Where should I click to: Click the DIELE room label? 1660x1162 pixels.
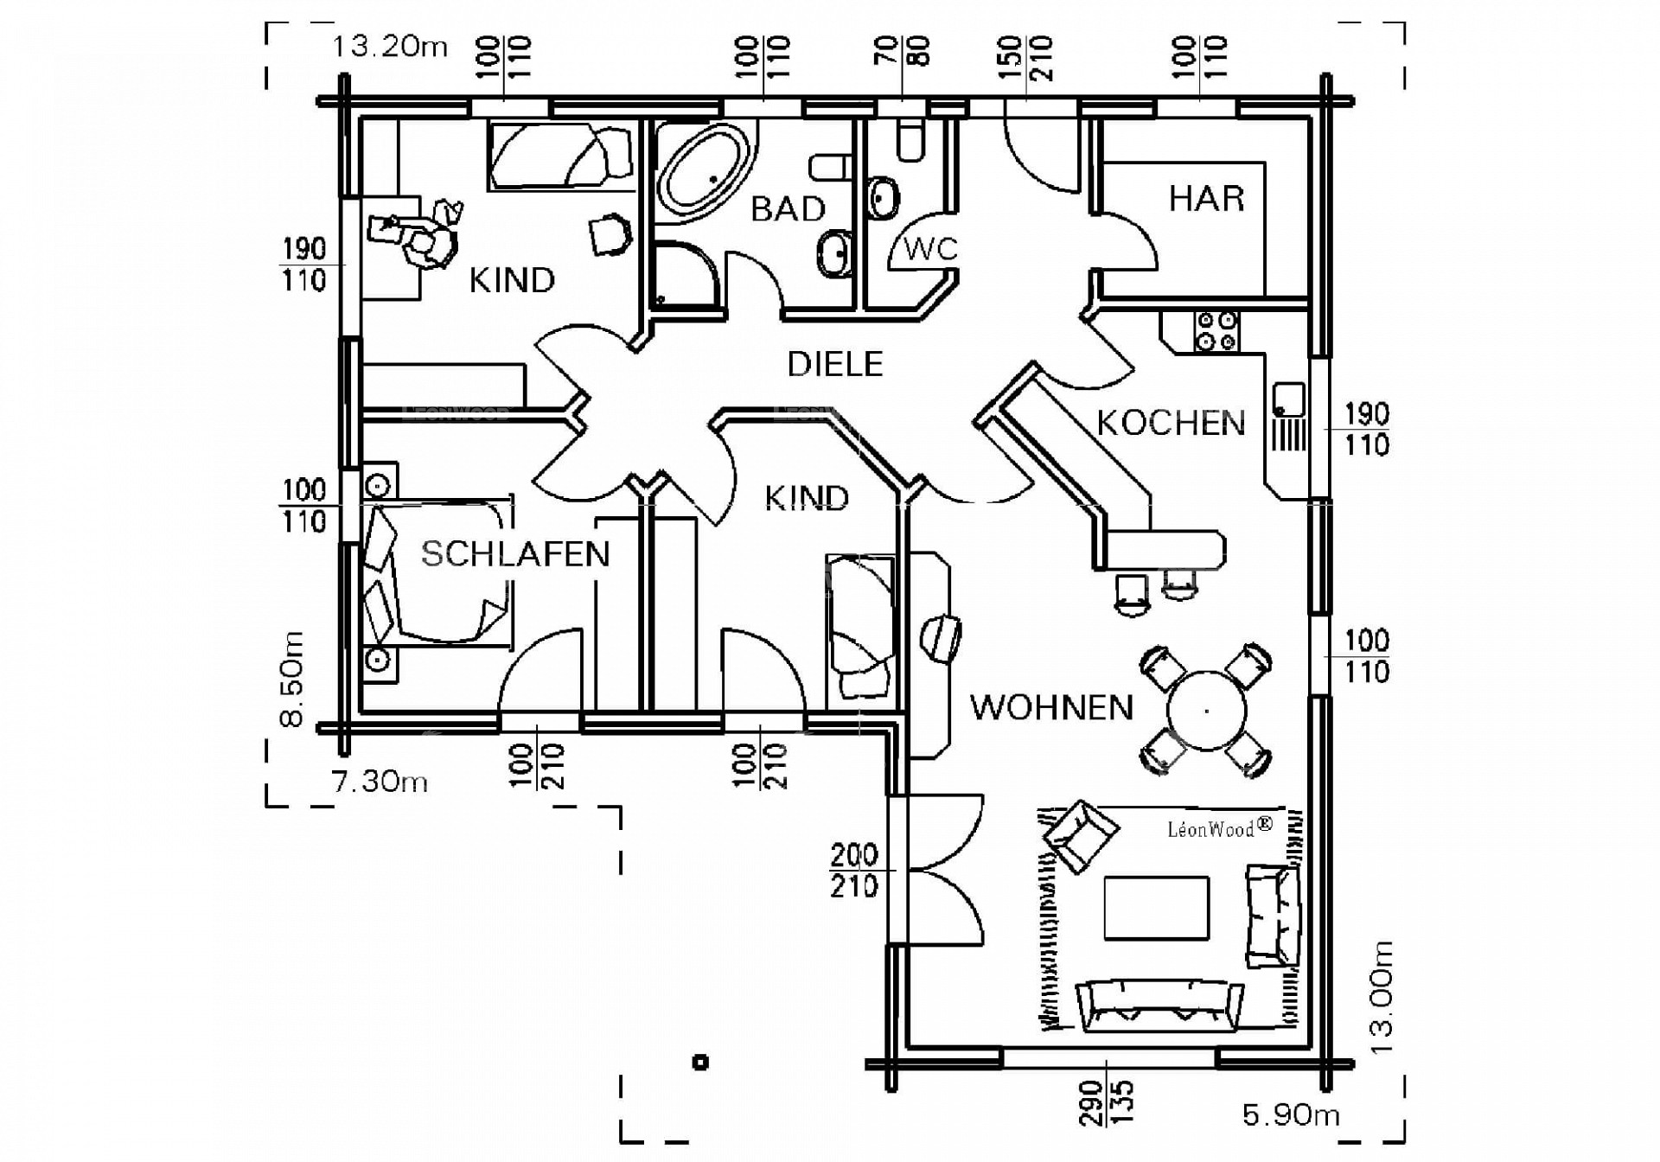click(x=834, y=365)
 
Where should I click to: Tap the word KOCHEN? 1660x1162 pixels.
click(x=1171, y=424)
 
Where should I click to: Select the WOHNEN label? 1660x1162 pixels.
click(x=1051, y=708)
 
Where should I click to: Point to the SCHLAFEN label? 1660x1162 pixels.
click(x=515, y=554)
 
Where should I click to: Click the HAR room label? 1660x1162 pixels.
click(x=1206, y=199)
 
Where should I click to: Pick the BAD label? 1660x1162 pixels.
click(x=788, y=209)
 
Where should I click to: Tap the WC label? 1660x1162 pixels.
click(x=930, y=249)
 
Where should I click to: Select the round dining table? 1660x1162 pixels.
click(x=1206, y=711)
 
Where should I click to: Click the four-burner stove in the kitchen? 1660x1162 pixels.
click(x=1216, y=332)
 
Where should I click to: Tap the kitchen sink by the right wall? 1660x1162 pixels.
click(x=1289, y=399)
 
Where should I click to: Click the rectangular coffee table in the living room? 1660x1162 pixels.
click(x=1156, y=908)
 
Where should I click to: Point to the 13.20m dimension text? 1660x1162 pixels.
click(x=390, y=47)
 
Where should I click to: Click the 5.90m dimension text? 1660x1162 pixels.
click(x=1291, y=1115)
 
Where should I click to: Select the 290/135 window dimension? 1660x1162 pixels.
click(x=1107, y=1102)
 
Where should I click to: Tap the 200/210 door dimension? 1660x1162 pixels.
click(x=854, y=871)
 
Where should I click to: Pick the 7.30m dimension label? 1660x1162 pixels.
click(x=380, y=782)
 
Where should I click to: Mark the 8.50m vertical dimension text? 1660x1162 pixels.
click(x=293, y=679)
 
